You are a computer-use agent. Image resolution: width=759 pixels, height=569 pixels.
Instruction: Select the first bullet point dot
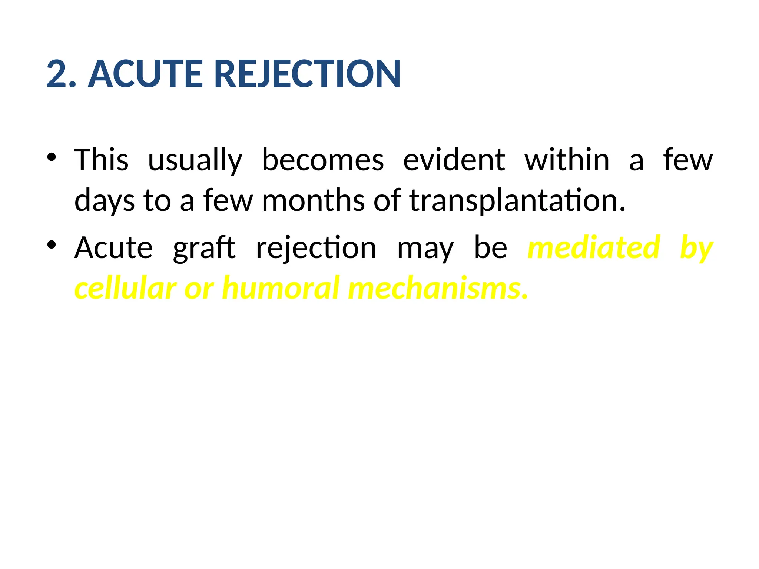52,157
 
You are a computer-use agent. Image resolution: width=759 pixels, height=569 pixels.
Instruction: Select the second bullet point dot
52,245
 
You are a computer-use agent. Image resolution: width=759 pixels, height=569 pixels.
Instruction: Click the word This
101,160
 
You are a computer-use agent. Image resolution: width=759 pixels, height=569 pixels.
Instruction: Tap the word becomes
323,160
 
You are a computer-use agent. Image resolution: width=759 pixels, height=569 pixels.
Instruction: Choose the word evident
454,160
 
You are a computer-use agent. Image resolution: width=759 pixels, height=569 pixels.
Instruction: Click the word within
567,160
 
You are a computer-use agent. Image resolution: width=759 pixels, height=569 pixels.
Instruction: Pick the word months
313,200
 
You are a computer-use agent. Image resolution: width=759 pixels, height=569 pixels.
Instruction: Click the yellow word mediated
594,247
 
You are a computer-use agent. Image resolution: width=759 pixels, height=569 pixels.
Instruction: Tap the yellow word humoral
281,288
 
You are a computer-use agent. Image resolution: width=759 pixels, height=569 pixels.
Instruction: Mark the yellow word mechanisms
437,288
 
